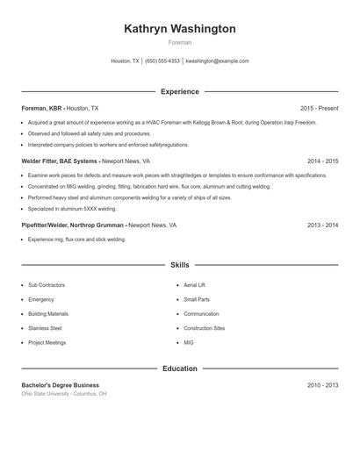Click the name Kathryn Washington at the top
click(179, 29)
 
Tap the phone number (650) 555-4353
click(162, 61)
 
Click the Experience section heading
click(179, 91)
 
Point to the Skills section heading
click(179, 264)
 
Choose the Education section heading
click(179, 368)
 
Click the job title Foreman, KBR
click(41, 108)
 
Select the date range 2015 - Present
click(319, 108)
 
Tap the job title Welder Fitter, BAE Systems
click(60, 161)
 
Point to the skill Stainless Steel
click(46, 328)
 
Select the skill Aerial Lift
click(196, 285)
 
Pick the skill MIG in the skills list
click(189, 342)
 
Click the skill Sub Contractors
click(46, 285)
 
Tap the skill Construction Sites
click(204, 328)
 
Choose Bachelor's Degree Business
click(61, 385)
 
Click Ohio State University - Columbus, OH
click(64, 394)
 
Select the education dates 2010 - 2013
click(322, 385)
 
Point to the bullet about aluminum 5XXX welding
click(72, 209)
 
